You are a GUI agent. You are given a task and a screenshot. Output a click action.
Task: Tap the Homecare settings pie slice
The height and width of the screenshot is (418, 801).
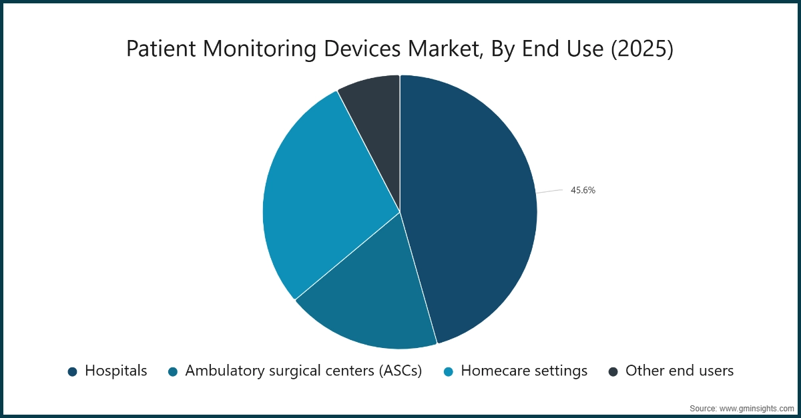click(320, 200)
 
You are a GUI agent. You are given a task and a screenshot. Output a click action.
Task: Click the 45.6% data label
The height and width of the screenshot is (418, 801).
click(583, 190)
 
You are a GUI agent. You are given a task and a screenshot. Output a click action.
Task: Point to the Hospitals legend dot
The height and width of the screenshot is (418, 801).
click(73, 371)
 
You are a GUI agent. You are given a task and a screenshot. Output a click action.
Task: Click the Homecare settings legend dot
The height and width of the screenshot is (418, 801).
click(449, 371)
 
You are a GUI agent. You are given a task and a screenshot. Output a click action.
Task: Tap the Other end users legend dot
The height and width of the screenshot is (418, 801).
click(613, 371)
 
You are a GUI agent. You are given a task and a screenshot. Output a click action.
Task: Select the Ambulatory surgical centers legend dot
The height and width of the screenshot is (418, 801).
click(174, 371)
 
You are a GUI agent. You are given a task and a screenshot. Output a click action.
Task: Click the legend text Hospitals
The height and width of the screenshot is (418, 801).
click(115, 371)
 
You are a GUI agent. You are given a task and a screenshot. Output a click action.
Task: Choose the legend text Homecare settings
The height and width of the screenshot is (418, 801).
click(524, 371)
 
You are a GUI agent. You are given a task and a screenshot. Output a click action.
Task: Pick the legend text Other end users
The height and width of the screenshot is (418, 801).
click(680, 371)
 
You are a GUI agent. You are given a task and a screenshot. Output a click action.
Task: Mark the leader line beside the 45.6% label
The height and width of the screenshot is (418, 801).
click(550, 192)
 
